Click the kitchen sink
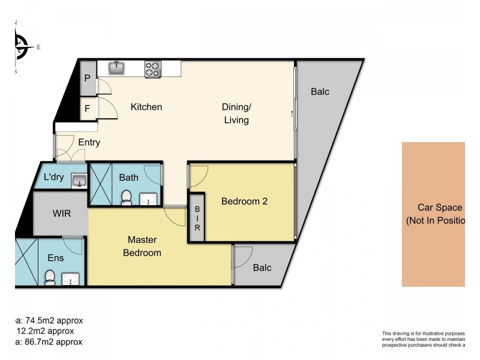(116, 68)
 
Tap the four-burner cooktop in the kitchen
(152, 69)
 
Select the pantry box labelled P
(88, 79)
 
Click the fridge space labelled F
(88, 109)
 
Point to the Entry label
(89, 143)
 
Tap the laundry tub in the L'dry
(77, 179)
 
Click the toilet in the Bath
(127, 196)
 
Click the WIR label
(62, 214)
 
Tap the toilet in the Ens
(50, 277)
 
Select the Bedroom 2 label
(244, 202)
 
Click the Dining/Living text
(235, 113)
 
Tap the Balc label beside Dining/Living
(320, 92)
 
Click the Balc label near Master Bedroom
(262, 268)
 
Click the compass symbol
(21, 46)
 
